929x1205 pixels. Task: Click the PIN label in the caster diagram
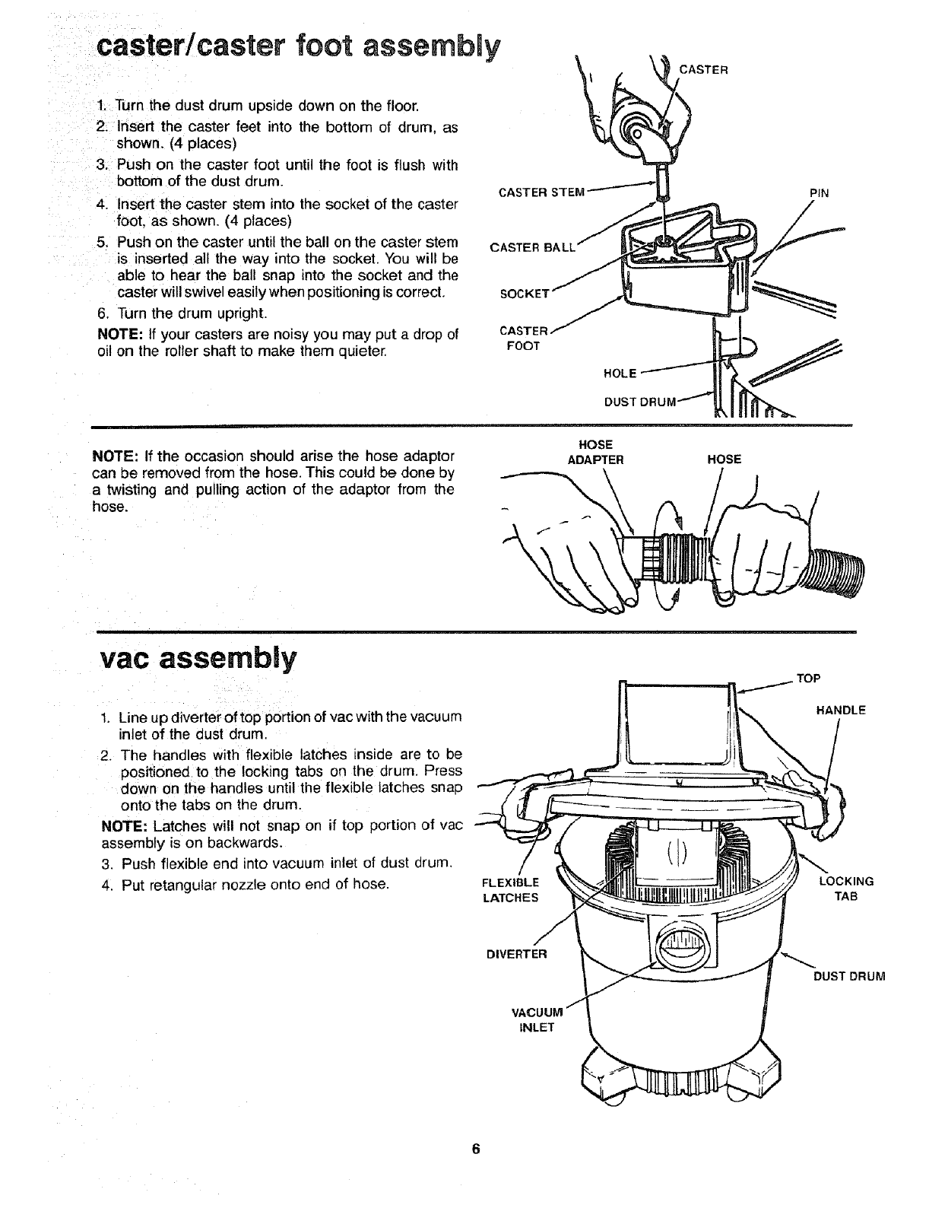click(818, 193)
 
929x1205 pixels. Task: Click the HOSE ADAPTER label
click(596, 452)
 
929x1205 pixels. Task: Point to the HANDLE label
click(841, 711)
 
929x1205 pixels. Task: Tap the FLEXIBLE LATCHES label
click(510, 890)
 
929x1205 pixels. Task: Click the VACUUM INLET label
click(536, 1019)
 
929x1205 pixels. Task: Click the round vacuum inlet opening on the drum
click(682, 949)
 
